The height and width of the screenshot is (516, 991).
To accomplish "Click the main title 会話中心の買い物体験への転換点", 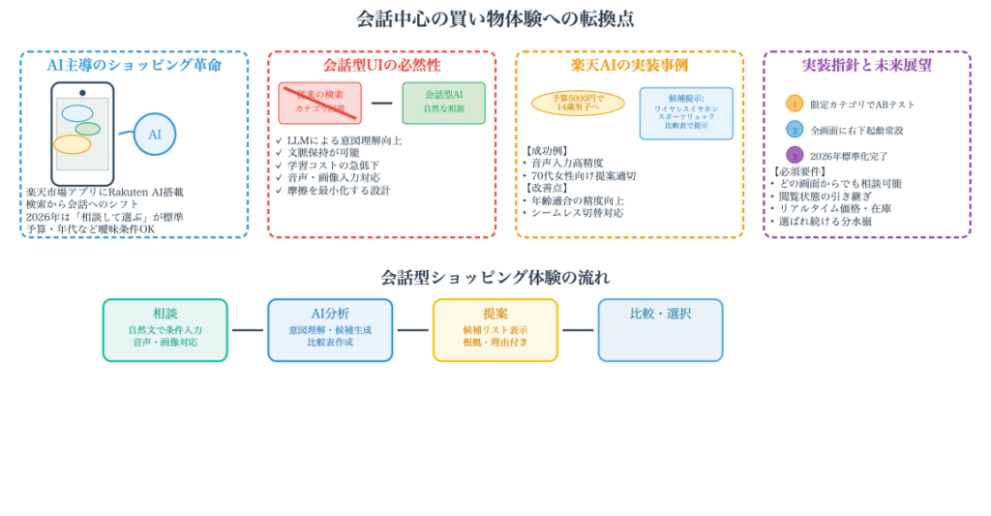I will [495, 18].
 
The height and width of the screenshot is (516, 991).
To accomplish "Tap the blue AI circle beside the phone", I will [155, 135].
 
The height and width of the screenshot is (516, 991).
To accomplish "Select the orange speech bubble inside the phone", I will [72, 144].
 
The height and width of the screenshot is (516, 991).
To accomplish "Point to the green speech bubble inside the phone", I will [87, 129].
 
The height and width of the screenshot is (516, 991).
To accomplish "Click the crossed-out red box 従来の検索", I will [319, 103].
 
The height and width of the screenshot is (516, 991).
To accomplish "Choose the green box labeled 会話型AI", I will [443, 103].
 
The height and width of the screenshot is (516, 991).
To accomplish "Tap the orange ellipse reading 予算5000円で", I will [578, 103].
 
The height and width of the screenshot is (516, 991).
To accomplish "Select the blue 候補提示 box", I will [685, 113].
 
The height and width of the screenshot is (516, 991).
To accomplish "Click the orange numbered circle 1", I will [795, 104].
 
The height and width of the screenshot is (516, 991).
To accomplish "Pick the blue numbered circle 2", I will [795, 130].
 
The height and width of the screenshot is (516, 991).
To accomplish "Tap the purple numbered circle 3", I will [795, 155].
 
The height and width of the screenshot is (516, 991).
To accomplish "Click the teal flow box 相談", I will [165, 330].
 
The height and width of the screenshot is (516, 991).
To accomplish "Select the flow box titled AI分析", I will [330, 330].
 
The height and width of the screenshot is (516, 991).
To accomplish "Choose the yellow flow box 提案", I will [495, 330].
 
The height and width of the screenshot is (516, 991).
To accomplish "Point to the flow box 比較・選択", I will [660, 330].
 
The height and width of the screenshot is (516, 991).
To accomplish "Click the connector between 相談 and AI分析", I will [248, 330].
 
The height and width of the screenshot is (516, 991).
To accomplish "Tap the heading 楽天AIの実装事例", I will [629, 65].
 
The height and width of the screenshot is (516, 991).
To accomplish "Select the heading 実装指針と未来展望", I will [866, 65].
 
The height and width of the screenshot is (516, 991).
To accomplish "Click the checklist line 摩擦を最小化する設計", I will [338, 191].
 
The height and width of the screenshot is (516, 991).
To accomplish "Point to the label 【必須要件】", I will [798, 171].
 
